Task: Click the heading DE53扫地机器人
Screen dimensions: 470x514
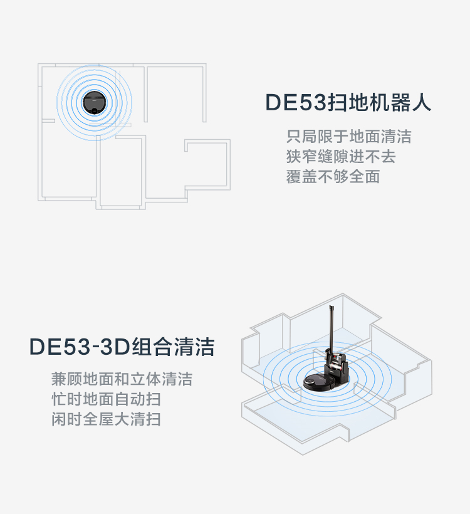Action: click(348, 102)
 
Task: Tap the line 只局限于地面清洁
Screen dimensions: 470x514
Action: click(348, 137)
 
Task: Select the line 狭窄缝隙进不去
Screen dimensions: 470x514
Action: click(341, 156)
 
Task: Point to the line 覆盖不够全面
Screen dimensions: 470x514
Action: click(333, 176)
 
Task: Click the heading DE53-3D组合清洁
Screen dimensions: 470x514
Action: click(122, 347)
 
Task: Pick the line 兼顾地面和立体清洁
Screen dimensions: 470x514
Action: click(122, 379)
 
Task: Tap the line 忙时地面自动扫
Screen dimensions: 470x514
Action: click(106, 399)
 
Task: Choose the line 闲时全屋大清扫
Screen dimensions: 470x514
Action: click(106, 419)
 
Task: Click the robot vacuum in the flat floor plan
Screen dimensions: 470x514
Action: click(95, 102)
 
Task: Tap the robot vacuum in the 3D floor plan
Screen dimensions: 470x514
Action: click(319, 382)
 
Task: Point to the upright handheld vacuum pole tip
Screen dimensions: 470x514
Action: click(331, 307)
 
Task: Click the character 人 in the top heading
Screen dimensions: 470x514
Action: click(421, 102)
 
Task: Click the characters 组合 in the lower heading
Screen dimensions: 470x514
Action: click(152, 347)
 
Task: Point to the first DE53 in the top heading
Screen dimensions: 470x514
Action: click(296, 102)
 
